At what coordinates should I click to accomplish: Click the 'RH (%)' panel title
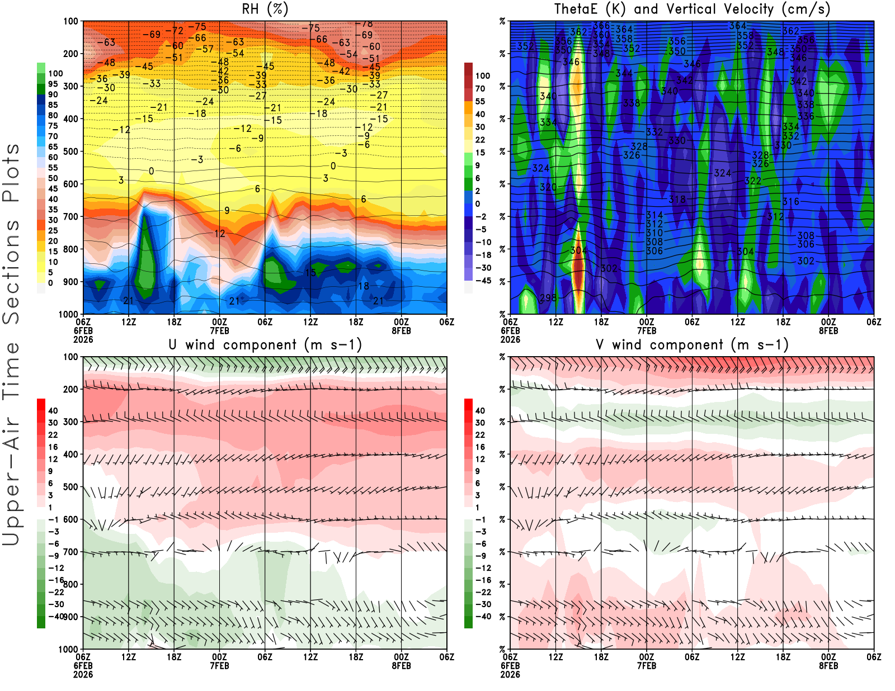(x=265, y=10)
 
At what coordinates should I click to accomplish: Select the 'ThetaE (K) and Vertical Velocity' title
(x=692, y=10)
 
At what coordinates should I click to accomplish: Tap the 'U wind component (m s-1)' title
(x=265, y=345)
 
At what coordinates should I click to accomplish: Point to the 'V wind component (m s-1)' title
(x=692, y=345)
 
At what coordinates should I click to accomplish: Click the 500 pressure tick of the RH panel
(x=70, y=152)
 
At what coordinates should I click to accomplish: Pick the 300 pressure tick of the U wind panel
(x=70, y=422)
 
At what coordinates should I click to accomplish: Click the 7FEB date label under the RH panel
(x=219, y=330)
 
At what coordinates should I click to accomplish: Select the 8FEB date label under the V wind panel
(x=828, y=666)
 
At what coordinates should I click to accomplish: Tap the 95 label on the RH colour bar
(x=53, y=84)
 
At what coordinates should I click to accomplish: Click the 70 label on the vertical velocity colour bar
(x=480, y=88)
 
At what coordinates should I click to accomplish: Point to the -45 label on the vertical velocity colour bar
(x=483, y=281)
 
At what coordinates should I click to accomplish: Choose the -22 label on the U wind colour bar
(x=56, y=592)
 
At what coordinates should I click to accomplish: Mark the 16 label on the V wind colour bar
(x=480, y=447)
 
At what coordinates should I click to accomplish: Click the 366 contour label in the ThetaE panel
(x=601, y=26)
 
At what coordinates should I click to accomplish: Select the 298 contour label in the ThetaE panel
(x=548, y=297)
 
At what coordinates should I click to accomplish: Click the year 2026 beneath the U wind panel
(x=83, y=674)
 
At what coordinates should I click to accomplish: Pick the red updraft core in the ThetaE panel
(x=578, y=268)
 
